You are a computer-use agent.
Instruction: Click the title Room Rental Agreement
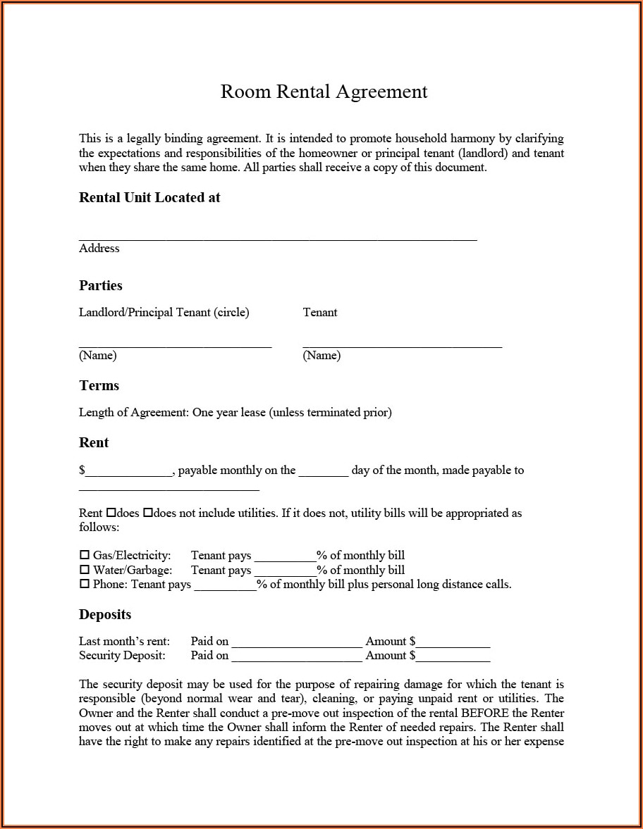point(324,92)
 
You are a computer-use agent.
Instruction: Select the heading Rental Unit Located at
point(149,198)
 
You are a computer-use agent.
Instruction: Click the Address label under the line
point(99,248)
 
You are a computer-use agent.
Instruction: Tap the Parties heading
point(101,285)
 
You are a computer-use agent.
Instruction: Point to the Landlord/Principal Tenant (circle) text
point(164,312)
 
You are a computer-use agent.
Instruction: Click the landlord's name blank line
point(175,344)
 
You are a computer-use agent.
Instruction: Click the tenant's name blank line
point(402,344)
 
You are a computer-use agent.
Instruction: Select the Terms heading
point(99,385)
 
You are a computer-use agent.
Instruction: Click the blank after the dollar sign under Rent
point(129,473)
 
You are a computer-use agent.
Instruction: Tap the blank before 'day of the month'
point(323,473)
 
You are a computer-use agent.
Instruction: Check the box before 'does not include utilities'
point(148,513)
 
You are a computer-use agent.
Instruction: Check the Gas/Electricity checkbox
point(85,555)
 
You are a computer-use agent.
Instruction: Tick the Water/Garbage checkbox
point(85,570)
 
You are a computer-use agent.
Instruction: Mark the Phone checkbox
point(85,584)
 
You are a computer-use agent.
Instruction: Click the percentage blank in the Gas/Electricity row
point(285,558)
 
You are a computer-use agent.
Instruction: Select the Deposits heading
point(105,614)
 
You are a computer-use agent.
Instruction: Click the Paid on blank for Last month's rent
point(296,644)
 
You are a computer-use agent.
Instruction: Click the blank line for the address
point(278,238)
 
